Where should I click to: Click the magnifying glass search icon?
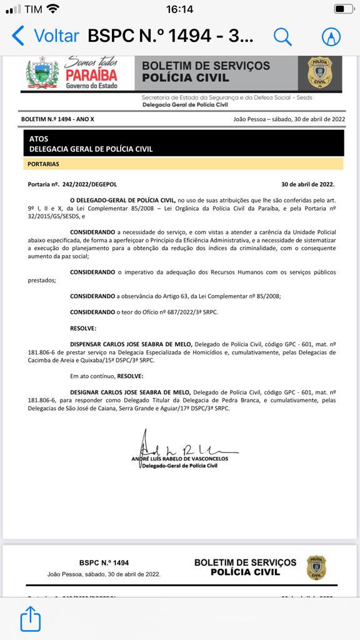pos(282,37)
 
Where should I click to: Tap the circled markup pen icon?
pos(331,37)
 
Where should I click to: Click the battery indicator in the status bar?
pos(342,9)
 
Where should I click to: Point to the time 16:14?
pos(179,9)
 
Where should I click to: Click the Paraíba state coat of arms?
pos(42,74)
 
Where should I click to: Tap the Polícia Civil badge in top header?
pos(319,72)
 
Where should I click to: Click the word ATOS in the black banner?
pos(39,139)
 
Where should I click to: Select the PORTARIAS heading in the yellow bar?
pos(44,164)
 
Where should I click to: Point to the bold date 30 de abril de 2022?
pos(307,184)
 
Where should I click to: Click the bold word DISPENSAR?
pos(91,344)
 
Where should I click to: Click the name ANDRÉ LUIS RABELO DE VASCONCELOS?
pos(181,459)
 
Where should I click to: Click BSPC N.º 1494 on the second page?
pos(104,563)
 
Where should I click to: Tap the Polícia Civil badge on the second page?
pos(316,567)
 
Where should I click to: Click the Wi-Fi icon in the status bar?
pos(53,9)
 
